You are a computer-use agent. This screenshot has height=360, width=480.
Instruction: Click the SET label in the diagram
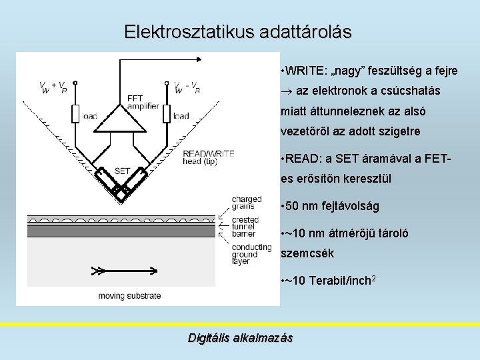click(x=122, y=171)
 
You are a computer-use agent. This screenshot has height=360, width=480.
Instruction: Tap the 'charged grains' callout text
click(x=246, y=203)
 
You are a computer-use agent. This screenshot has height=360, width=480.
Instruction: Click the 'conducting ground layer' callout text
click(x=251, y=254)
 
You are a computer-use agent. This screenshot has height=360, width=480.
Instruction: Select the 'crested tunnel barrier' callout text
click(x=246, y=227)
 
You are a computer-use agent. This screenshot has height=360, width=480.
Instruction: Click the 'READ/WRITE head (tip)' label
click(x=208, y=158)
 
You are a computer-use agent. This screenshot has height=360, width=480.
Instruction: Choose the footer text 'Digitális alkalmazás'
click(x=240, y=338)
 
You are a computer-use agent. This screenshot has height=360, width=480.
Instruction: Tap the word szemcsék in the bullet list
click(x=307, y=253)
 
